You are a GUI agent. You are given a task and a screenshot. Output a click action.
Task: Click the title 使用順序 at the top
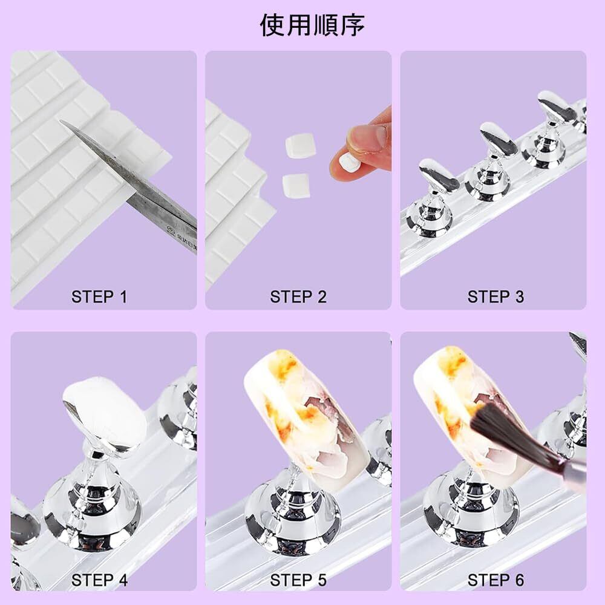click(x=312, y=25)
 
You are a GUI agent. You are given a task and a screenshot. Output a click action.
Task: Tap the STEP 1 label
click(x=99, y=297)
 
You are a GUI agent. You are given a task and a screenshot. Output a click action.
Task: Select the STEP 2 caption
click(x=298, y=297)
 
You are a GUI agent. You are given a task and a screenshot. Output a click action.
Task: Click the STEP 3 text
click(x=495, y=297)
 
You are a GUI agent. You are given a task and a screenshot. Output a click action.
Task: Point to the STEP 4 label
click(x=99, y=580)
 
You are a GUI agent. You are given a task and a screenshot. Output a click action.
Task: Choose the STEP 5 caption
click(x=298, y=580)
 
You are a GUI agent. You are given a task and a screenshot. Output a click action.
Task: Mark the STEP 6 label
click(x=495, y=580)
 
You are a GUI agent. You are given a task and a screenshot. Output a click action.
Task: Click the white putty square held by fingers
click(x=350, y=161)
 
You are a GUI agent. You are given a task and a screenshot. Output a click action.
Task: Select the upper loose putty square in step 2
click(x=301, y=145)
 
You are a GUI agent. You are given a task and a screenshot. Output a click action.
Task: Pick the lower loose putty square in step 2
click(x=296, y=186)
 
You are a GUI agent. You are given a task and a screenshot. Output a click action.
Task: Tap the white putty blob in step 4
click(x=105, y=408)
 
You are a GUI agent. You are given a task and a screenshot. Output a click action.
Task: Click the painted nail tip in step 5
click(x=305, y=417)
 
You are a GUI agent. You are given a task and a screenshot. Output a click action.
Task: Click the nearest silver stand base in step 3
click(x=428, y=223)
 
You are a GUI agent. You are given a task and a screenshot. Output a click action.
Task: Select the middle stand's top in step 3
click(x=498, y=139)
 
